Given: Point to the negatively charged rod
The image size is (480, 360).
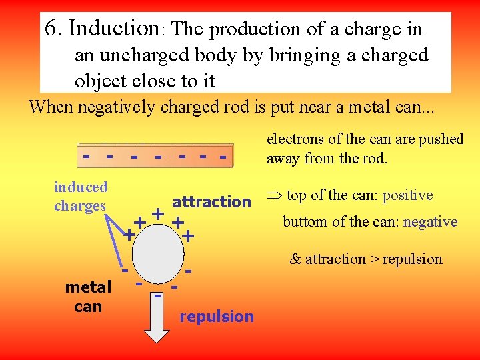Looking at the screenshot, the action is point(156,154).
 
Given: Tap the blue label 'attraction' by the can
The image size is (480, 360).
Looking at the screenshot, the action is point(211,201).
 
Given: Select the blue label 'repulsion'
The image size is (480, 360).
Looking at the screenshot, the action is point(217,316).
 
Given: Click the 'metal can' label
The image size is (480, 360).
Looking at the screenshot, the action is point(88,297).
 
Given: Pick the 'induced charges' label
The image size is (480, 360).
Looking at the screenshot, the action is point(80,196).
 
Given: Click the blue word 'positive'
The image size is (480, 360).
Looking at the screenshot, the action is point(407,195).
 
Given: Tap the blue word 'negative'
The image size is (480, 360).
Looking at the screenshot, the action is point(430,222).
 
